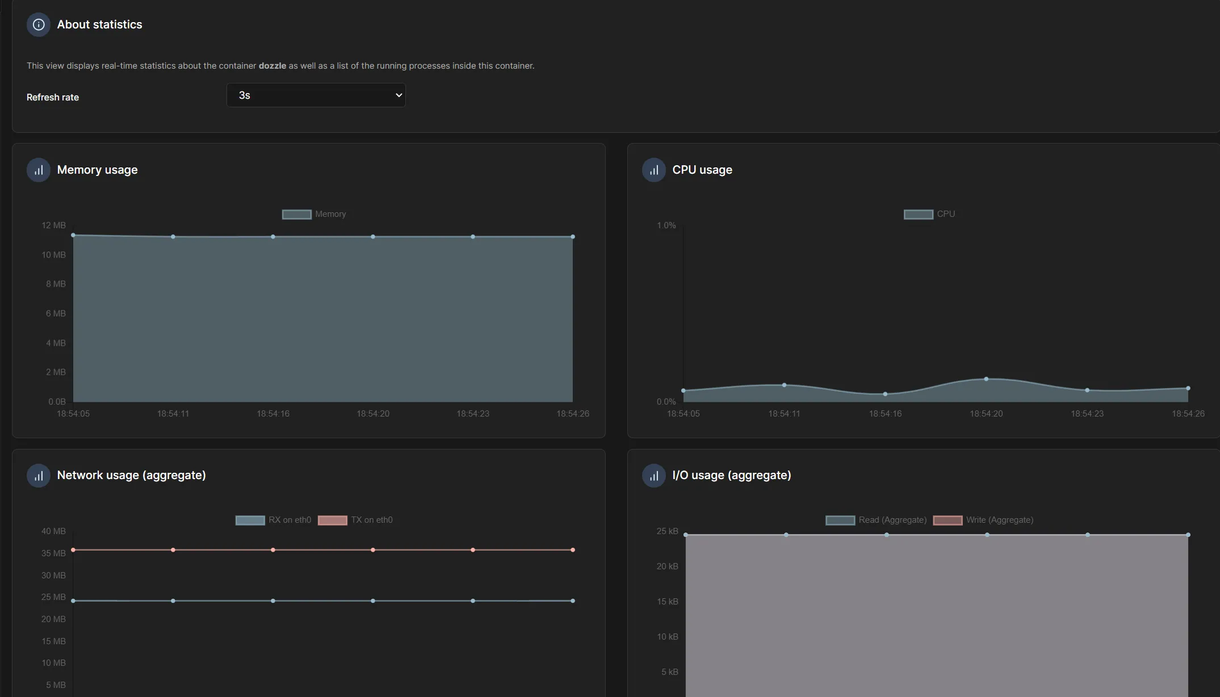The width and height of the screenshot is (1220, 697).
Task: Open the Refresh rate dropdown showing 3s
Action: pos(316,95)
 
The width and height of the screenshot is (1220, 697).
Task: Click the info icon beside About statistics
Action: pos(39,25)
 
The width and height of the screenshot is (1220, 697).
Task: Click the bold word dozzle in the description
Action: pos(272,66)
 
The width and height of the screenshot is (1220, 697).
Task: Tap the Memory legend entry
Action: pos(314,214)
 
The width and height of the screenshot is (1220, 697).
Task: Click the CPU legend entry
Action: pos(929,214)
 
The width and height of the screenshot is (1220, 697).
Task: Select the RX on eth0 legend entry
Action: pos(273,520)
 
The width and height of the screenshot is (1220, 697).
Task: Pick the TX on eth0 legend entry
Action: pos(355,520)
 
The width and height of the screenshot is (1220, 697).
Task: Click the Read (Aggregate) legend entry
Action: pos(876,520)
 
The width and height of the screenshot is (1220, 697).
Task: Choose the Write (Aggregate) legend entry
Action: pos(983,520)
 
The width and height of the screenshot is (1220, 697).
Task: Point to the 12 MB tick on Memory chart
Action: pos(53,225)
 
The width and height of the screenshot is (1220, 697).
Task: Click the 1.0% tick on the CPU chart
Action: pos(666,225)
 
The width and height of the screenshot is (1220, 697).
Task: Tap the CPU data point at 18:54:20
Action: pos(986,379)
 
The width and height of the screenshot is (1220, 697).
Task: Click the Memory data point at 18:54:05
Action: pos(73,235)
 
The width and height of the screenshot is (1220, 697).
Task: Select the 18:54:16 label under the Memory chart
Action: pos(273,414)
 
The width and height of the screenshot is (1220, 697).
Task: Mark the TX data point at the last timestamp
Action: pos(573,550)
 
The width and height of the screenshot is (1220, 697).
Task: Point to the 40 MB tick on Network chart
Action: pos(53,531)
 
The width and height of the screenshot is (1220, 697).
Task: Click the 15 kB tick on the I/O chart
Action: pos(668,602)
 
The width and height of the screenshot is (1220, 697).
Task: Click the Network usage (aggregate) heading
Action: pos(131,475)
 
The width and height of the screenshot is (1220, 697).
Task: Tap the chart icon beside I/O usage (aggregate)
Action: pos(654,476)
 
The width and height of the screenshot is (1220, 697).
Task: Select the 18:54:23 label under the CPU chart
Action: pos(1087,414)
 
